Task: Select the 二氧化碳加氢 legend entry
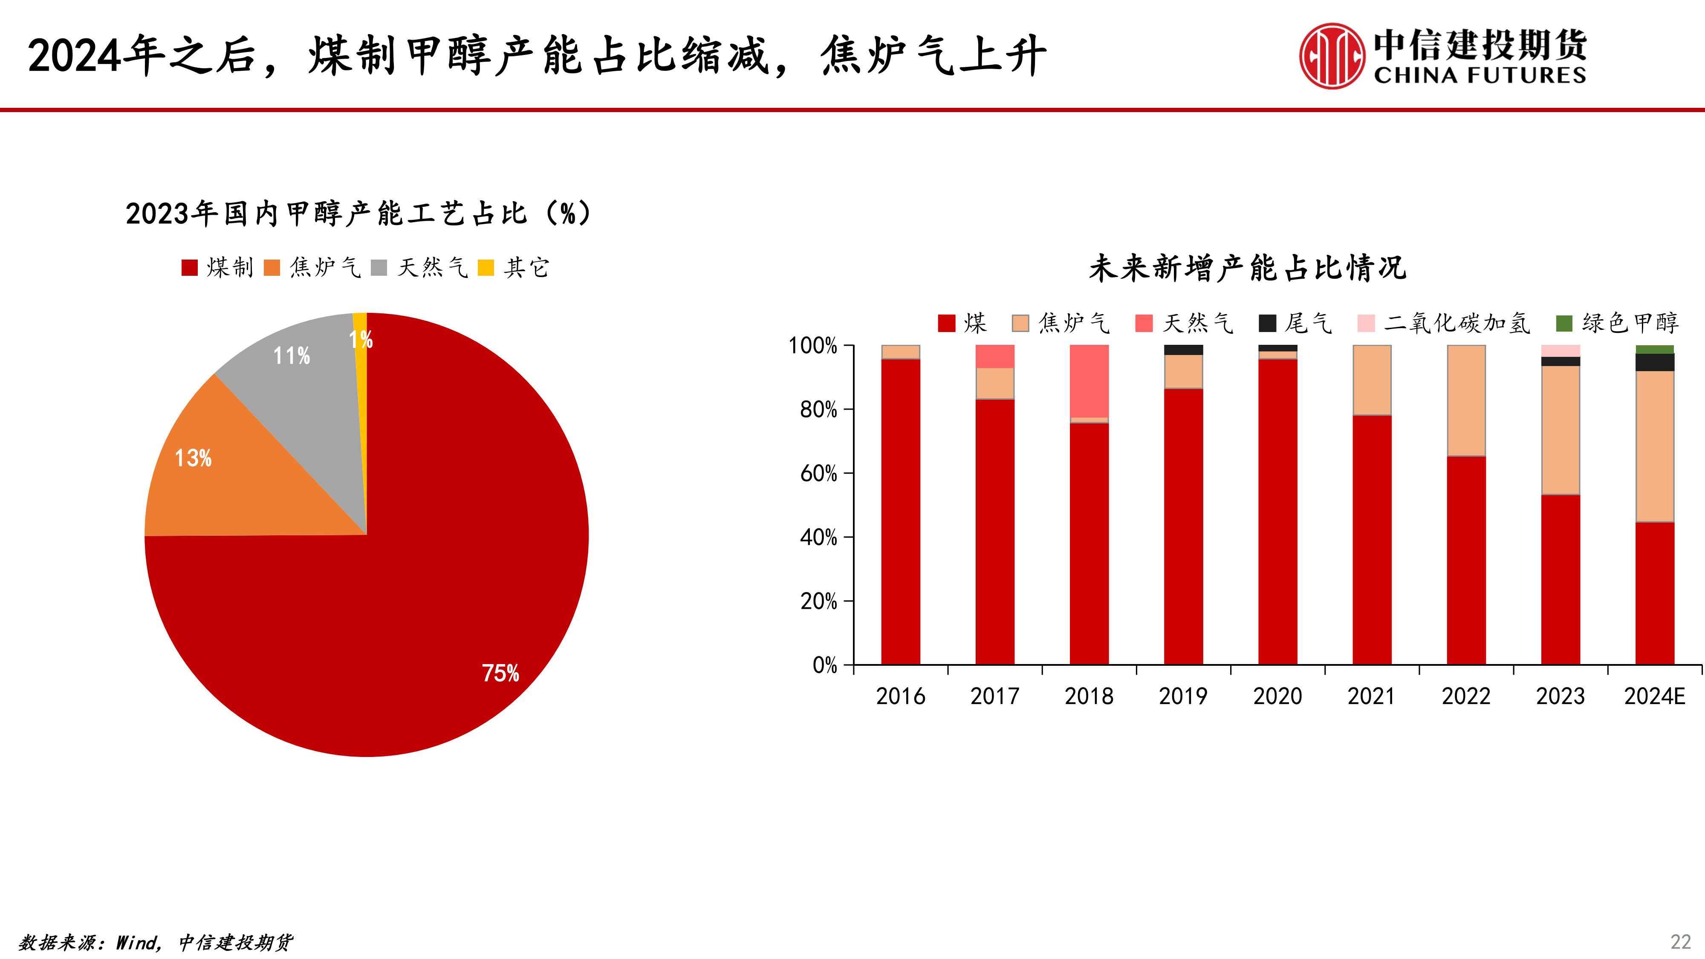(x=1444, y=323)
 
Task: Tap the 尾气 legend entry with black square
(x=1295, y=323)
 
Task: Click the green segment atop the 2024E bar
(x=1655, y=350)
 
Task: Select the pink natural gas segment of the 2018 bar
(x=1089, y=381)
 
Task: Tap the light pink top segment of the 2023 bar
(x=1560, y=351)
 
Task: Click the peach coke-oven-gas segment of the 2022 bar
(x=1466, y=400)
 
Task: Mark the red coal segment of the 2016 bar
(x=900, y=510)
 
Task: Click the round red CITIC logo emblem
(x=1332, y=56)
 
